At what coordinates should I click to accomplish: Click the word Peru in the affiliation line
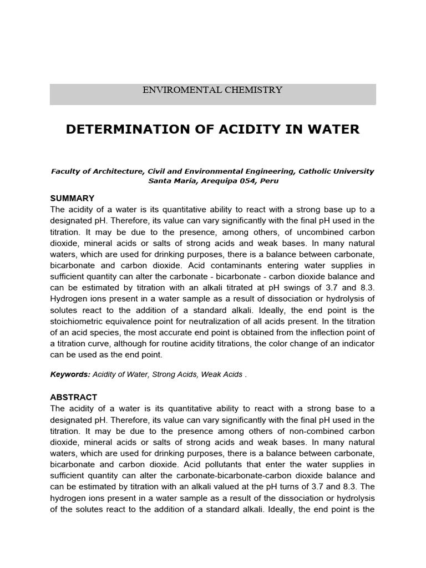coord(268,181)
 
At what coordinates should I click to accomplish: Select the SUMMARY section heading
coord(72,198)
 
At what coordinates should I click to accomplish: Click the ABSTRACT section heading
coord(74,397)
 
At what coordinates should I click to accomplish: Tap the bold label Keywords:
coord(70,374)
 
